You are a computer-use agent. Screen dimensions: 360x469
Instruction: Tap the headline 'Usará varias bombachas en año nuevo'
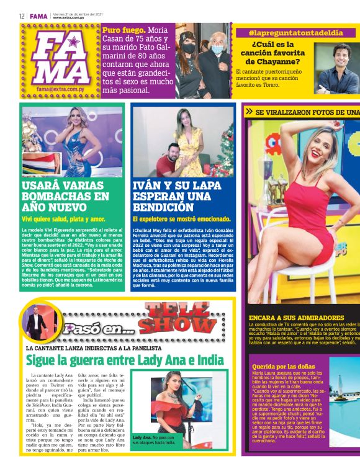pos(66,196)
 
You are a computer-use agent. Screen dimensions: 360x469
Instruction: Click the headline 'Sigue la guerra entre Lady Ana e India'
pos(124,360)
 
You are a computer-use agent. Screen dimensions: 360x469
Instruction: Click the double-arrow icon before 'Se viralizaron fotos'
pos(249,112)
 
